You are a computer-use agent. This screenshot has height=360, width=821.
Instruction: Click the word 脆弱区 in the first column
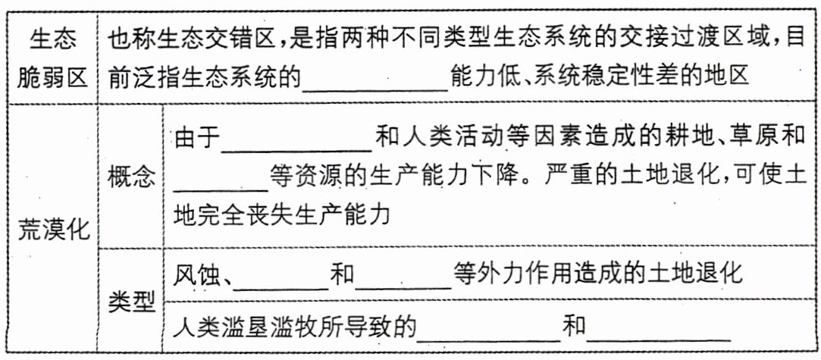click(x=54, y=77)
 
